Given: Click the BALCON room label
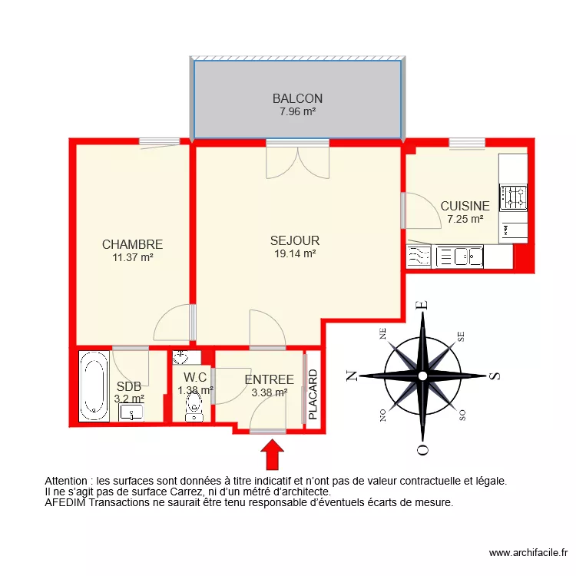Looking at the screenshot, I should coord(297,98).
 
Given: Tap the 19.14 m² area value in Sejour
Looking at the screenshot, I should coord(295,253).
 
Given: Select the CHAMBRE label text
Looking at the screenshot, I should coord(132,244).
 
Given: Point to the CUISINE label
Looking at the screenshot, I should coord(465,206).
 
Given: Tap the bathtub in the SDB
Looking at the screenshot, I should coord(94,386).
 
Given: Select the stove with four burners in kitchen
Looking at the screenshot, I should coord(513,198).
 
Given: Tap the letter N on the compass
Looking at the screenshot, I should coord(351,376).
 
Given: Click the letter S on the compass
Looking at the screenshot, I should coord(495,376).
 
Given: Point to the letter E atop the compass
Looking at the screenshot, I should coord(421,306).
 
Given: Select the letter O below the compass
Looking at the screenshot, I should coord(421,449).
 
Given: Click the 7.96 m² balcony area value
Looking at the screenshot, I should coord(297,111).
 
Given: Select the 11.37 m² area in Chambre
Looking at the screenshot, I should coord(132,258).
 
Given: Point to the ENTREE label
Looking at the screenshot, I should coord(269,379).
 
